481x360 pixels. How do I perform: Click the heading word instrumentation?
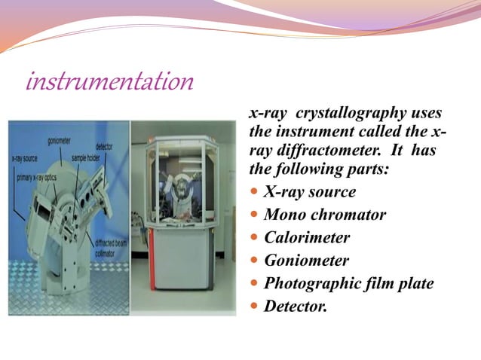tap(109, 81)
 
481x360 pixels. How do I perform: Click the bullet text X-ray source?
tap(310, 192)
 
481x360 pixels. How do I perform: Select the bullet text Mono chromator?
tap(325, 215)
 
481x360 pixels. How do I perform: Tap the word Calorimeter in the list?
tap(307, 238)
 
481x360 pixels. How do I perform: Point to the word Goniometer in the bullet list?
tap(307, 261)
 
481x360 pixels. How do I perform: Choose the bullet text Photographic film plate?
tap(349, 284)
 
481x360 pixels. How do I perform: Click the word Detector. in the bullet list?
tap(296, 307)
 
